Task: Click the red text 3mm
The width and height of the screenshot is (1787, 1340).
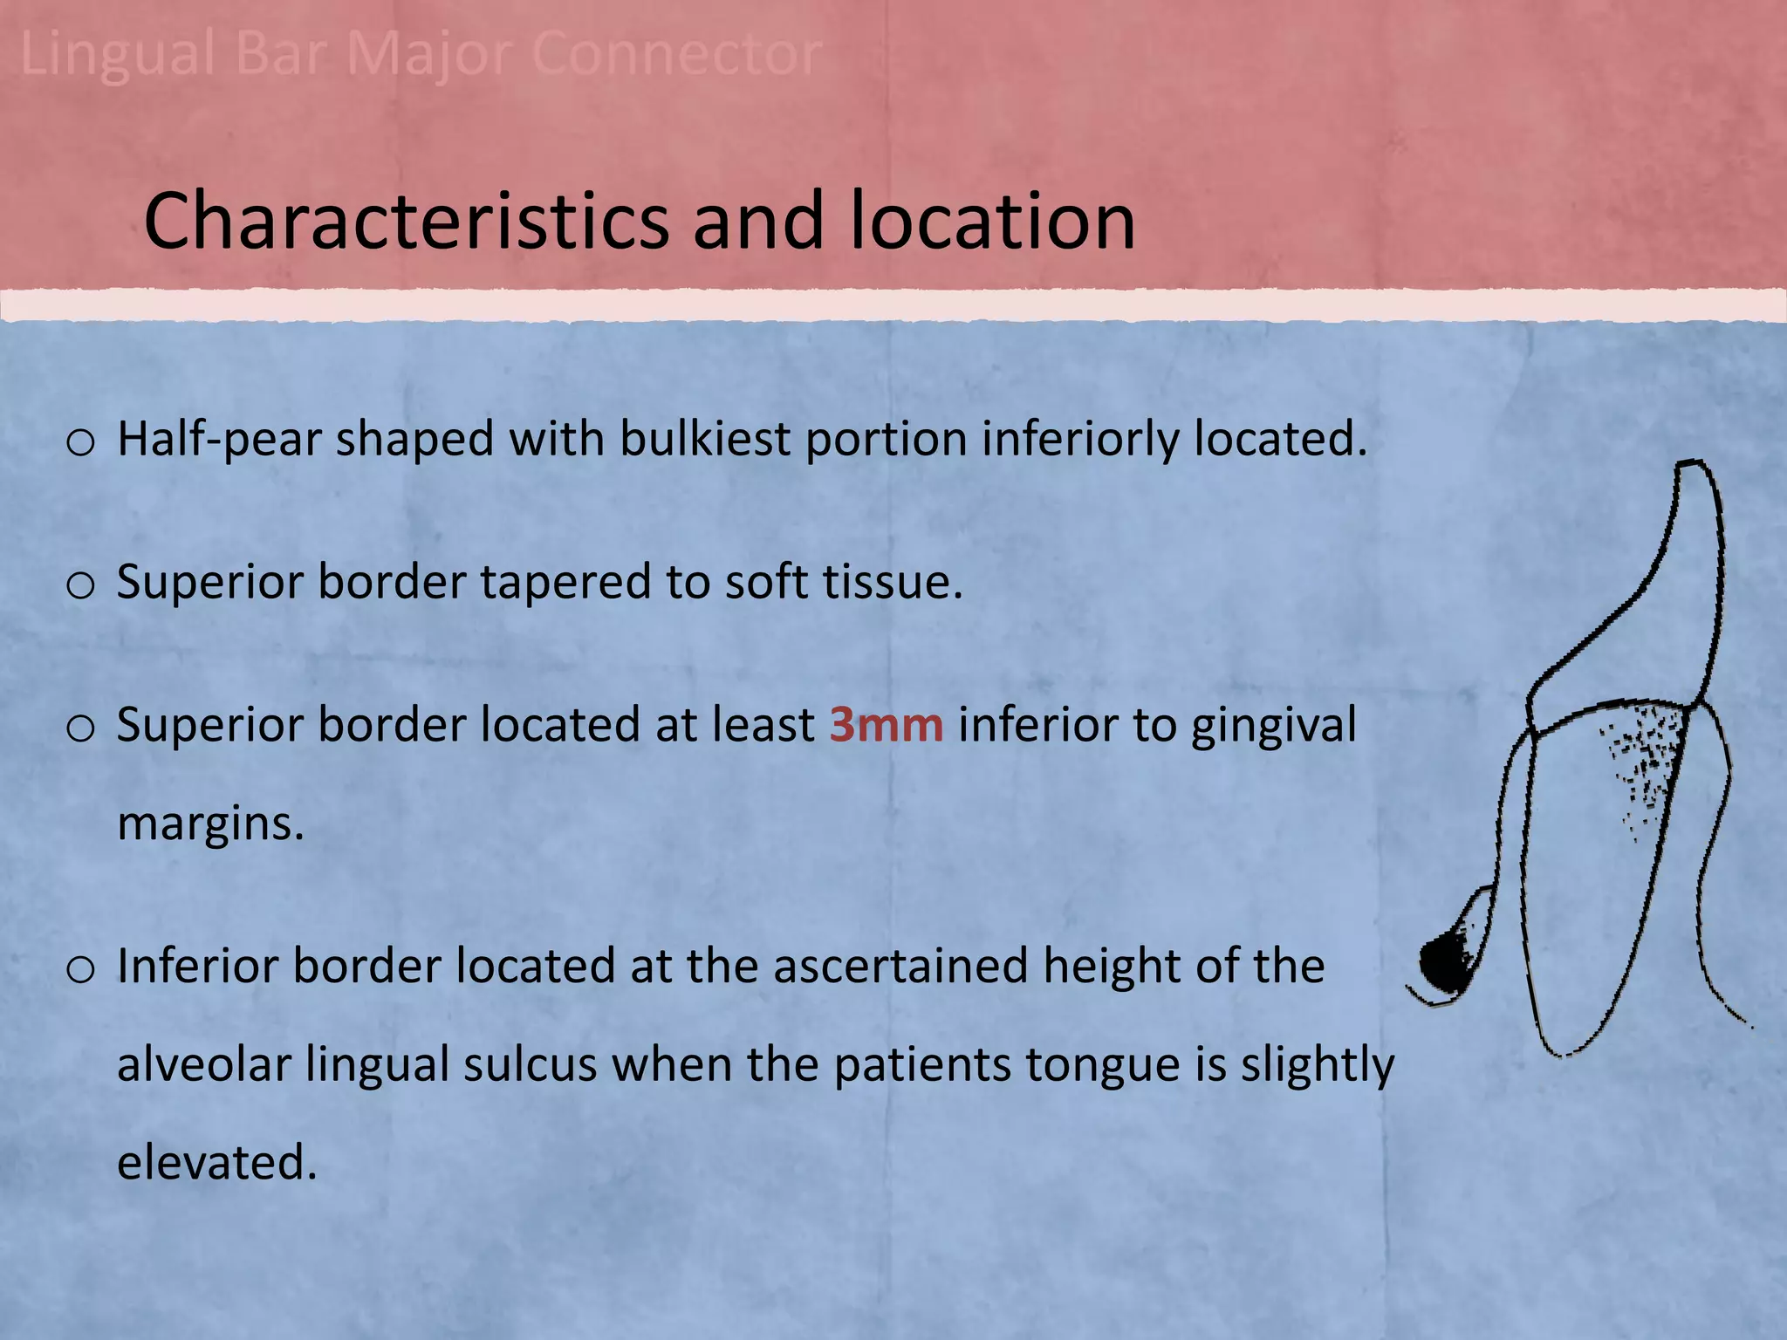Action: (x=886, y=725)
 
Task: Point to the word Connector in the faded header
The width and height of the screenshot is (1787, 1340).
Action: (x=676, y=54)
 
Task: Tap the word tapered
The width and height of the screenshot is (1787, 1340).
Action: (x=565, y=582)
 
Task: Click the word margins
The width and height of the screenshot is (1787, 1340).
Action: (x=210, y=823)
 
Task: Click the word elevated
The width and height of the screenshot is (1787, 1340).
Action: (x=216, y=1163)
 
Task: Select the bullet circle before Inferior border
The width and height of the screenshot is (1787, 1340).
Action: (x=80, y=969)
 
